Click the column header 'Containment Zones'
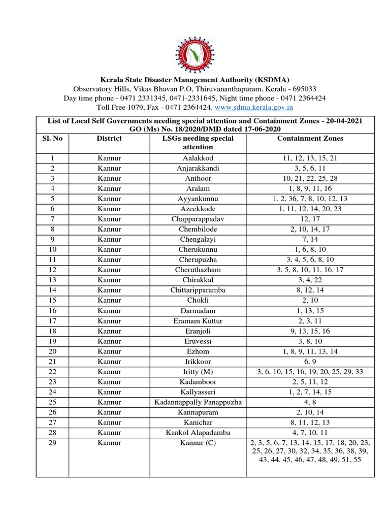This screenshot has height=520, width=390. pos(310,138)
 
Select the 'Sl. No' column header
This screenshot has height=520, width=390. pos(54,138)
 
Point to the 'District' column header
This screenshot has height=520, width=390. pos(109,138)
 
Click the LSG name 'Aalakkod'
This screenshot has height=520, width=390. pos(198,158)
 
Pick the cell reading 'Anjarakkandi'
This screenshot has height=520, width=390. pos(198,169)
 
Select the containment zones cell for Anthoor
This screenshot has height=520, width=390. pos(310,179)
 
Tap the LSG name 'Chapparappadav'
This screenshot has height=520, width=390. pos(198,219)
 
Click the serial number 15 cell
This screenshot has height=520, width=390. pos(53,301)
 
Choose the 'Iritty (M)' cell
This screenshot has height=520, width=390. pos(198,372)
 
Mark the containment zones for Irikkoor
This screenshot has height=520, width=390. pos(310,362)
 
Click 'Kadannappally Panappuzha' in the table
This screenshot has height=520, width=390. pos(198,402)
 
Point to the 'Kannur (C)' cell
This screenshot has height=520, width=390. pos(198,443)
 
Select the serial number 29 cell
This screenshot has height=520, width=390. pos(53,443)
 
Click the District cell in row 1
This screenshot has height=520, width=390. pos(109,158)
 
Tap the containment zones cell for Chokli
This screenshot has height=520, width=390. pos(310,301)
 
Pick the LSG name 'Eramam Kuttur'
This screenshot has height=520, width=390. pos(198,321)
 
